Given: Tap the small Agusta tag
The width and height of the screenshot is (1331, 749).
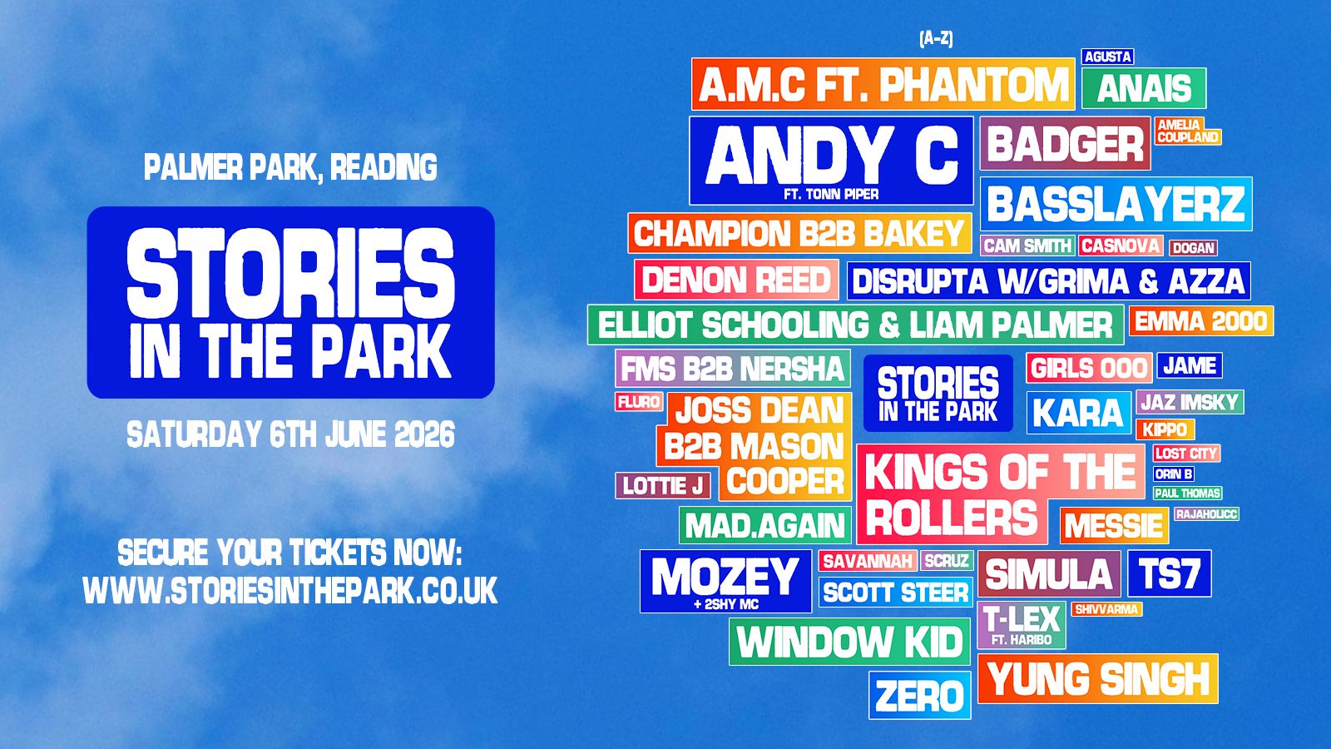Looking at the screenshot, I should pos(1107,57).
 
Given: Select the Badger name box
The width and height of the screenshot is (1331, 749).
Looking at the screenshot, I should pos(1065,144).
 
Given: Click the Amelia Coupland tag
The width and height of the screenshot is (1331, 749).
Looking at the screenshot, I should pos(1187,131).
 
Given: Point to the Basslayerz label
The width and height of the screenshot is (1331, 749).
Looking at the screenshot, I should pos(1116,204).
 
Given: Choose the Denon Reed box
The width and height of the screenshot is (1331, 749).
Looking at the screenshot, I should pos(736,280).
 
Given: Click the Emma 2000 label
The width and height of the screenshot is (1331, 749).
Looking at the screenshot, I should pos(1200,321).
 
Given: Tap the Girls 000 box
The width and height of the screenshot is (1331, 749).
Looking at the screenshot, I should pos(1089,368).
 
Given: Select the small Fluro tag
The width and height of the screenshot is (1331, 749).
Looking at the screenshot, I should pos(639,402).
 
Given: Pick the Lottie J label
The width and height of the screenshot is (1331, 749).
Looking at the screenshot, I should pos(663,485).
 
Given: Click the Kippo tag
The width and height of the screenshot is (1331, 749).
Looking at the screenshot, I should pos(1165,429).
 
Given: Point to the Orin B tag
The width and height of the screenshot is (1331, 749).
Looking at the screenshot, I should pos(1174,474).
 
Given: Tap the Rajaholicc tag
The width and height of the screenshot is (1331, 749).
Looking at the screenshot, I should pos(1206,514).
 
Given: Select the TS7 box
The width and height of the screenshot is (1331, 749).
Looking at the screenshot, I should pos(1169,573).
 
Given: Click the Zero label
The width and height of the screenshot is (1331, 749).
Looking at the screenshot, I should pos(919,696).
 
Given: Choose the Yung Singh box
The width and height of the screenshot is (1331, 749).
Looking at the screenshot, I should pos(1097,679).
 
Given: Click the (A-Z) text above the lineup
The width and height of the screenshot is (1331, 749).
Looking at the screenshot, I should pos(936,38).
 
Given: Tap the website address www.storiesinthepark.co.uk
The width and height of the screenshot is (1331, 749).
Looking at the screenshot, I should pos(290,591).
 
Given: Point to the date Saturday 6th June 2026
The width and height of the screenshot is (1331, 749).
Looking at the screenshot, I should pos(290,434).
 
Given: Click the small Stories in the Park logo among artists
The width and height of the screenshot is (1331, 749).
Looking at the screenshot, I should pos(938,394).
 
